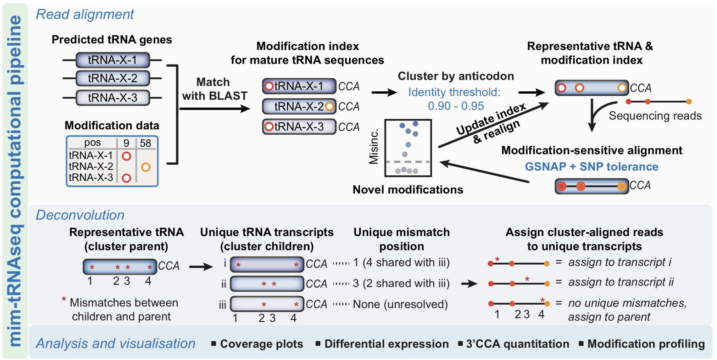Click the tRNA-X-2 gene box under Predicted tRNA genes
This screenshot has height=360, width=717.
coord(113,78)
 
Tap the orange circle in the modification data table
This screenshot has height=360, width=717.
coord(145,167)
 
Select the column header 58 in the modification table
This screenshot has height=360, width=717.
coord(145,143)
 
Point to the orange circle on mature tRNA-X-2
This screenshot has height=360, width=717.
coord(329,106)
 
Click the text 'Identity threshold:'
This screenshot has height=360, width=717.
coord(454,92)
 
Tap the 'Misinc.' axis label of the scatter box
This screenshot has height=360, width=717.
coord(374,147)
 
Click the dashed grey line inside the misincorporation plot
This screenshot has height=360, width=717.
coord(408,162)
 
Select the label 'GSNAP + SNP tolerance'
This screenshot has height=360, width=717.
coord(591,166)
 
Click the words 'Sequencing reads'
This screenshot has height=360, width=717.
coord(655,116)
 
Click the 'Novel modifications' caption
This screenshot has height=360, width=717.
coord(408,190)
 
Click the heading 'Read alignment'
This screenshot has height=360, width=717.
coord(85,14)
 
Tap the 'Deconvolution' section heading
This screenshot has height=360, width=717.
coord(80,215)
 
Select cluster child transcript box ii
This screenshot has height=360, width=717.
coord(267,284)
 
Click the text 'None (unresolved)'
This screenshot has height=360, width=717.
coord(400,304)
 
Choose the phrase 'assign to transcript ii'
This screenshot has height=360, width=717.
coord(621,282)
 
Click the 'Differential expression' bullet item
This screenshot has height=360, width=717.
coord(386,344)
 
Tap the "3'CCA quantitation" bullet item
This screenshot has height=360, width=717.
coord(517,344)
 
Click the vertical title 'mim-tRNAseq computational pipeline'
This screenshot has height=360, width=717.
coord(15,181)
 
